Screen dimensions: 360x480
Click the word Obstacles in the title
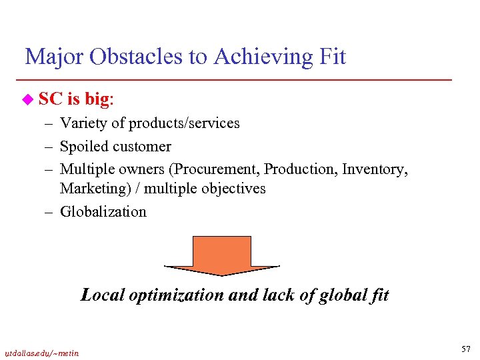[x=132, y=57]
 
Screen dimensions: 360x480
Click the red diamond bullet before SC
[x=27, y=100]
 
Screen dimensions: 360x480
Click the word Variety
[x=83, y=123]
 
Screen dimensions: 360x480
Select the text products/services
[x=184, y=124]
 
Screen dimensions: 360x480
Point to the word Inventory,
[x=375, y=169]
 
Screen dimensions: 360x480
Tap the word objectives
[x=233, y=189]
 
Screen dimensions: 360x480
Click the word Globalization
[x=103, y=212]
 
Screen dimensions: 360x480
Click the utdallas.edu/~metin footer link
[x=41, y=353]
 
